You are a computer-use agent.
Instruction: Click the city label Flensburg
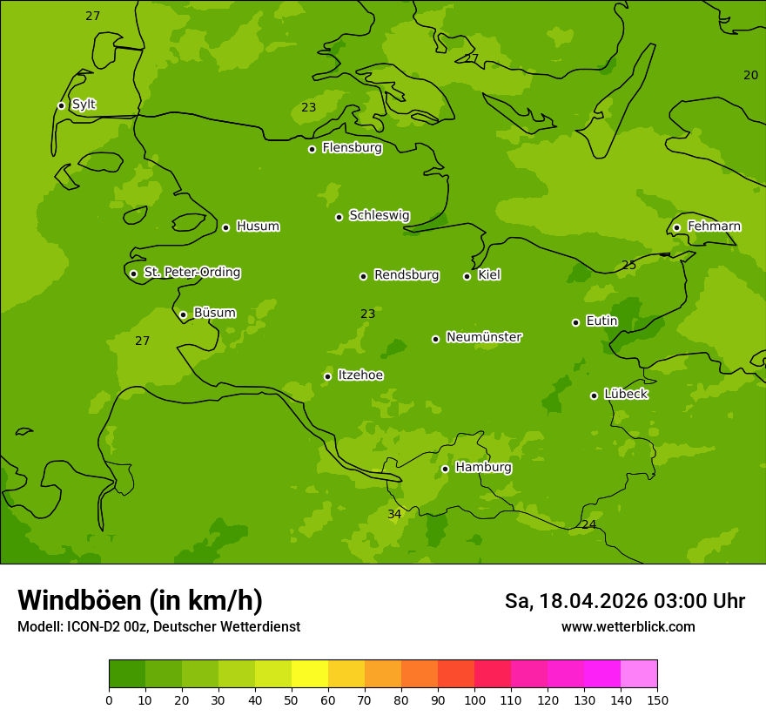pos(352,148)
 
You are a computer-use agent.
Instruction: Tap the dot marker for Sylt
pos(61,105)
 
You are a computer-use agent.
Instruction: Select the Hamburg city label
pos(483,468)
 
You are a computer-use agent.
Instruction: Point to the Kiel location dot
pos(467,276)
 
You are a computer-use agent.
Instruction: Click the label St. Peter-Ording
pos(191,273)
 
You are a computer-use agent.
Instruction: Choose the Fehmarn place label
pos(714,226)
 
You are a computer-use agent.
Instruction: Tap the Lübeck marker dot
pos(594,395)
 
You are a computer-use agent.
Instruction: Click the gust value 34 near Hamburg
pos(394,515)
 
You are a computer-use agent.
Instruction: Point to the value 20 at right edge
pos(750,76)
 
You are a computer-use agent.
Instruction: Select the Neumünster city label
pos(483,337)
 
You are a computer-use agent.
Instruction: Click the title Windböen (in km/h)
pos(140,600)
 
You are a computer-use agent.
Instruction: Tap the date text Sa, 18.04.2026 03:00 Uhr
pos(624,601)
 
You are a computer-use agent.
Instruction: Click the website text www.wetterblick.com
pos(628,627)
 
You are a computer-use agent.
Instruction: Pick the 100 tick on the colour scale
pos(474,699)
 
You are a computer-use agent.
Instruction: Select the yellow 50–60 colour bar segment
pos(310,674)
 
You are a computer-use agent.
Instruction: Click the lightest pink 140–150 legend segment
pos(639,674)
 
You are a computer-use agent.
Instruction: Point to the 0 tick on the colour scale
pos(109,699)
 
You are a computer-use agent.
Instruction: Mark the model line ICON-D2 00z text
pos(158,627)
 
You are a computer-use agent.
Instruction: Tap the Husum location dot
pos(225,227)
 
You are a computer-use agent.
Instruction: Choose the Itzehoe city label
pos(360,375)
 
